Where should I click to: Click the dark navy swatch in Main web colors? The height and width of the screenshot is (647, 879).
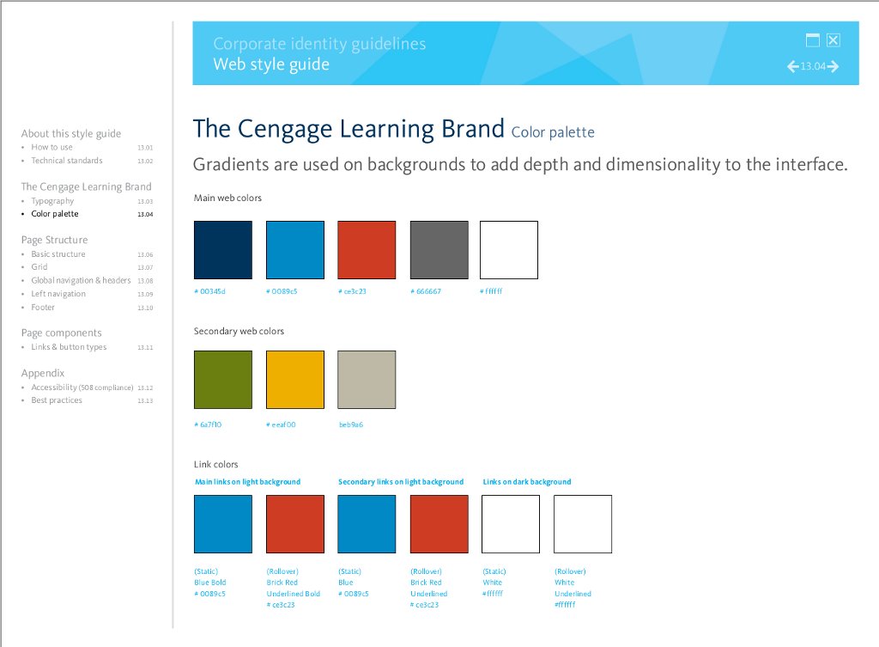[223, 250]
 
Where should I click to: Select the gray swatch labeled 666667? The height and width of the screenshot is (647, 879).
[439, 250]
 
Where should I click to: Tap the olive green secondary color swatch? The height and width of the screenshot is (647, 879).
[223, 380]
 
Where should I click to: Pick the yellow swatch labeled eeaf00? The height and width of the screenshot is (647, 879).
[295, 380]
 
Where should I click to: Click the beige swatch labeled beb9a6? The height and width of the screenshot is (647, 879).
[367, 380]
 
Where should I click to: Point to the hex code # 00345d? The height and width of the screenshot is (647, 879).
[209, 291]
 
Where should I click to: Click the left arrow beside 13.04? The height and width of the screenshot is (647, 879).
[792, 67]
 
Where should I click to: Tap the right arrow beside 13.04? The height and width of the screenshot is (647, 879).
[833, 67]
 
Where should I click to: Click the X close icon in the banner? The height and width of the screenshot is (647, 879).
[834, 40]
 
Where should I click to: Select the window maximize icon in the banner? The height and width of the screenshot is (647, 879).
[812, 40]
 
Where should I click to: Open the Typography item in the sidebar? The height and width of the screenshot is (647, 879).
[52, 201]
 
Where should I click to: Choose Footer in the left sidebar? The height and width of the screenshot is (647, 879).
[43, 307]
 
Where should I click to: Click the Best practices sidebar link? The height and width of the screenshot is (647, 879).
[57, 400]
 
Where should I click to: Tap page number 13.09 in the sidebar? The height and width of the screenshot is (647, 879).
[145, 294]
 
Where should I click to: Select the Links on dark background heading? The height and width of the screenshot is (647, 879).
[527, 481]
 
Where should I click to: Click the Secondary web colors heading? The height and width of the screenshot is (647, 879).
[239, 331]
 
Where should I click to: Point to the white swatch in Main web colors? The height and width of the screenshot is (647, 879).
[509, 250]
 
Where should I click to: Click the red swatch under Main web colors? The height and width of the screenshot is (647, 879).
[367, 250]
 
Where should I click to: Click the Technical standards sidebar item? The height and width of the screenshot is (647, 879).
[67, 161]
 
